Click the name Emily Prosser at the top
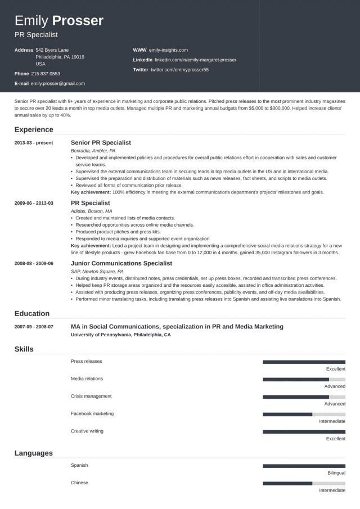click(x=59, y=21)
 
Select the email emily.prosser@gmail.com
click(x=58, y=83)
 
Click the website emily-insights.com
click(x=169, y=49)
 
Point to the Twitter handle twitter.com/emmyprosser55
click(x=179, y=70)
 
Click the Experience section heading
click(x=34, y=129)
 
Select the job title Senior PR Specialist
click(x=101, y=143)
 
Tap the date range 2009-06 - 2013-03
click(x=34, y=203)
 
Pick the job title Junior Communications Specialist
click(x=121, y=263)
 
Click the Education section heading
click(x=32, y=313)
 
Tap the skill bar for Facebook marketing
click(x=304, y=415)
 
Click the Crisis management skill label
click(x=91, y=396)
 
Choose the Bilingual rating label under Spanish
click(x=336, y=473)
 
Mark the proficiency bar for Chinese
click(x=304, y=483)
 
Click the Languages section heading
click(x=34, y=453)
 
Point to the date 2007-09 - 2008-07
click(x=34, y=327)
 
